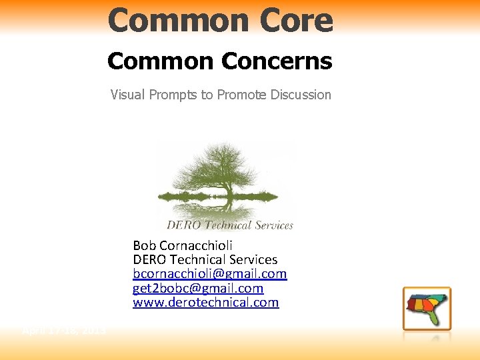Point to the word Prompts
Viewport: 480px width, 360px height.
tap(175, 95)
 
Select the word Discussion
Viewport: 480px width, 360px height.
tap(301, 95)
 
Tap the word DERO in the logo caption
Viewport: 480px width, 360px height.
tap(181, 225)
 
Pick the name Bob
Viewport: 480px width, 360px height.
tap(144, 245)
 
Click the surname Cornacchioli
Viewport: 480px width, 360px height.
tap(195, 245)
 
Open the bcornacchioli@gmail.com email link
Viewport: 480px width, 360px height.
tap(209, 274)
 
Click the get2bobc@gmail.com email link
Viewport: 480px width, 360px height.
tap(198, 289)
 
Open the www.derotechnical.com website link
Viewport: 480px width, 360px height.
tap(205, 303)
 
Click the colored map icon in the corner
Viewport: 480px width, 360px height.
tap(427, 309)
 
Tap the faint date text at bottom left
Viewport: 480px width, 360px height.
tap(64, 330)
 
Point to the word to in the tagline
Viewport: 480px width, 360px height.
tap(207, 95)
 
